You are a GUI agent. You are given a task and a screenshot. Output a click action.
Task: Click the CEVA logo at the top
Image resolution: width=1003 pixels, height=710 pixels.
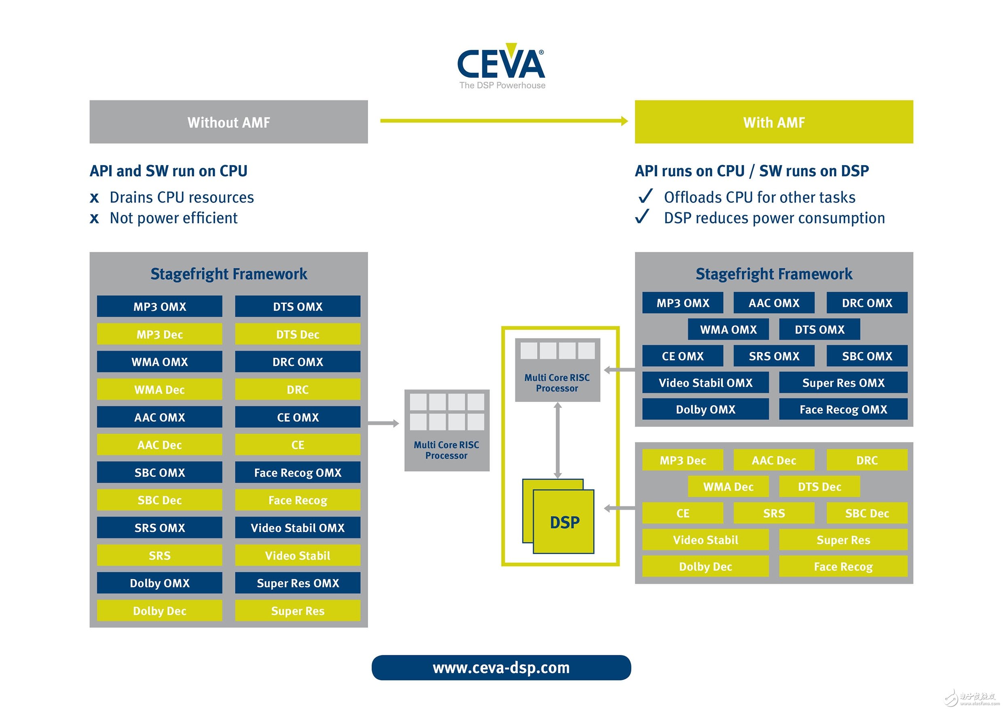pyautogui.click(x=501, y=66)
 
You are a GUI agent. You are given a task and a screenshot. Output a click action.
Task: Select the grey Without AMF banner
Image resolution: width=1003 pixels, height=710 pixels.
pyautogui.click(x=229, y=122)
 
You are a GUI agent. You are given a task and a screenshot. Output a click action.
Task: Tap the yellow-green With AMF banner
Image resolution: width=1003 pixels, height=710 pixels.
pyautogui.click(x=774, y=122)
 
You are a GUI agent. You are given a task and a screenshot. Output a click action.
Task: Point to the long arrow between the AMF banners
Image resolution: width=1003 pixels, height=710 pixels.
pyautogui.click(x=504, y=121)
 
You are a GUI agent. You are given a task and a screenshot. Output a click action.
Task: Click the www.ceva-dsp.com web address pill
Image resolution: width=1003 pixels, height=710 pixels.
pyautogui.click(x=501, y=667)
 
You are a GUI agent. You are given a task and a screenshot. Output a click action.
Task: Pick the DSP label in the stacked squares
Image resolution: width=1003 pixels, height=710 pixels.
pyautogui.click(x=565, y=523)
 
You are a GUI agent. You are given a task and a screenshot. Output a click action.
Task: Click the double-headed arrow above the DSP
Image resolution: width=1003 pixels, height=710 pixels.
pyautogui.click(x=557, y=440)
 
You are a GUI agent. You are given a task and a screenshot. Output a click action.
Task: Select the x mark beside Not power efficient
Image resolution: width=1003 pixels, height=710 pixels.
pyautogui.click(x=94, y=218)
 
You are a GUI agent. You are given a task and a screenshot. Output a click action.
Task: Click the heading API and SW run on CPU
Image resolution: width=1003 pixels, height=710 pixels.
pyautogui.click(x=169, y=171)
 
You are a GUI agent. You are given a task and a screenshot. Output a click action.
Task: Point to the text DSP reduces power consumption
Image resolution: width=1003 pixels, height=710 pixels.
pyautogui.click(x=774, y=218)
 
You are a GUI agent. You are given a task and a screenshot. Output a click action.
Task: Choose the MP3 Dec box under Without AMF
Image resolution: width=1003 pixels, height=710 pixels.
pyautogui.click(x=159, y=334)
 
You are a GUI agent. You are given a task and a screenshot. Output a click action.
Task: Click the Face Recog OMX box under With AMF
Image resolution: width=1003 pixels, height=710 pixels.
pyautogui.click(x=843, y=409)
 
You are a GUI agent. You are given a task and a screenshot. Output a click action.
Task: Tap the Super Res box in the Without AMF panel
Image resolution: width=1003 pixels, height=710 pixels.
pyautogui.click(x=298, y=610)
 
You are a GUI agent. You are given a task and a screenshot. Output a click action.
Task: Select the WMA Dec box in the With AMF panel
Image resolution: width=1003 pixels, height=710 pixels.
pyautogui.click(x=728, y=487)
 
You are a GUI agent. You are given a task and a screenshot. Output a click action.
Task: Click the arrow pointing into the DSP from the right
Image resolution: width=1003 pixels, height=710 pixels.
pyautogui.click(x=620, y=508)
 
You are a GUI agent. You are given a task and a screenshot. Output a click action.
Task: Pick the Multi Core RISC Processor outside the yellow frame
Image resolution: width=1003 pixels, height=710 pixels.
pyautogui.click(x=447, y=430)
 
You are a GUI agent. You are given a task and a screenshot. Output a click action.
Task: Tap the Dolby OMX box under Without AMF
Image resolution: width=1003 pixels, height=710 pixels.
pyautogui.click(x=159, y=583)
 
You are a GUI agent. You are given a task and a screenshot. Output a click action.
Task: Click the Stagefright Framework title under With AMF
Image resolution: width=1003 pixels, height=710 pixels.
pyautogui.click(x=774, y=274)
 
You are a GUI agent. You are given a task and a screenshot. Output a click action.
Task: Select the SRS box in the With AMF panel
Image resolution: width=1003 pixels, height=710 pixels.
pyautogui.click(x=774, y=513)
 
